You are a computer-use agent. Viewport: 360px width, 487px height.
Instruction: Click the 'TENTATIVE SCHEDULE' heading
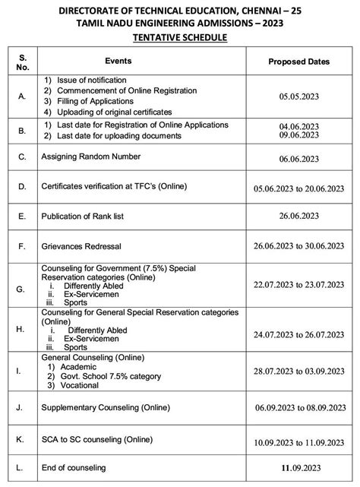[x=180, y=36]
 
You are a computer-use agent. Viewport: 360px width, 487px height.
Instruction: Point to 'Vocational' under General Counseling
[x=76, y=386]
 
